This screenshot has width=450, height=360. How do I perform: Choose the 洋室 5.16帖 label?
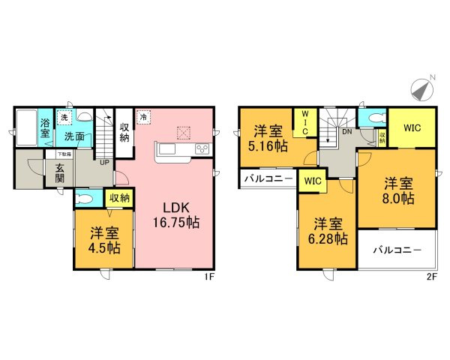[x=268, y=139]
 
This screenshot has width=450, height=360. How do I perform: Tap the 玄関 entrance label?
[x=59, y=175]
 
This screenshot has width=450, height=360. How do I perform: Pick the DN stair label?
[x=346, y=130]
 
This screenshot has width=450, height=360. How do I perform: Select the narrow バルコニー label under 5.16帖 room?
[x=268, y=180]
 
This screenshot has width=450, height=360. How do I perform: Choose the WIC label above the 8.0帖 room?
[x=412, y=128]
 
